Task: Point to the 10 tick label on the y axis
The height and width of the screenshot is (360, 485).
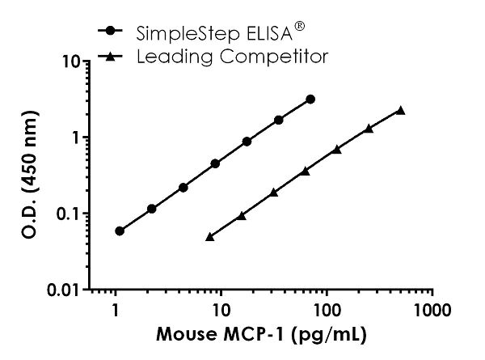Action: tap(68, 61)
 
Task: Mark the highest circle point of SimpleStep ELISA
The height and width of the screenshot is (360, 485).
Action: tap(310, 100)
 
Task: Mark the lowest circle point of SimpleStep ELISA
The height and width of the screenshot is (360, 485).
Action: tap(120, 231)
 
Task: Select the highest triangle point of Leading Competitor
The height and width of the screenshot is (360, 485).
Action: tap(400, 111)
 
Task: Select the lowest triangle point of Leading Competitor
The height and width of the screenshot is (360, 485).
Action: tap(210, 236)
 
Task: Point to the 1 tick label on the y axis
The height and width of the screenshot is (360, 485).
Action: tap(76, 138)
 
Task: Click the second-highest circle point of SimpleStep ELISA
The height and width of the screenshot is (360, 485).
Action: tap(279, 120)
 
